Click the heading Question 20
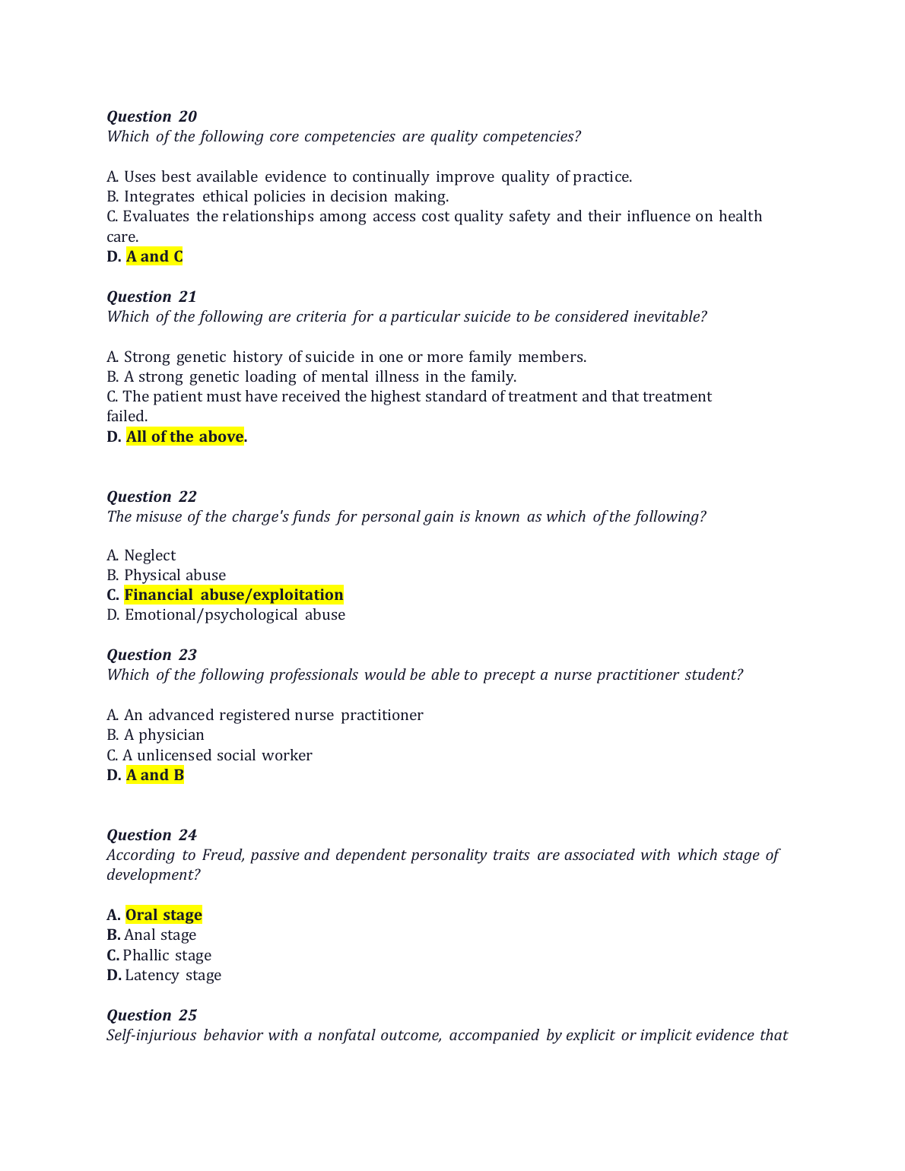151,116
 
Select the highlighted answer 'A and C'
154,256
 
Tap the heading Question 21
151,297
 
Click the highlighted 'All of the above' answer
185,436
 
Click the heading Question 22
151,497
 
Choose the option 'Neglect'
150,555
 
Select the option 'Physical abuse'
175,575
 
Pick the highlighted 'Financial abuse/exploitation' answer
233,595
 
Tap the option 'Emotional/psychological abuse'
234,614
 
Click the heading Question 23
151,655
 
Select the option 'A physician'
164,735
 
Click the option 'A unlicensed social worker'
217,755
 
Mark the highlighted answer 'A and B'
155,775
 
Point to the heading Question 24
151,835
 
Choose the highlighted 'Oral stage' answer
164,915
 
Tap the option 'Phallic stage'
167,955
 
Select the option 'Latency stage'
173,975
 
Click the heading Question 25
151,1015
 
